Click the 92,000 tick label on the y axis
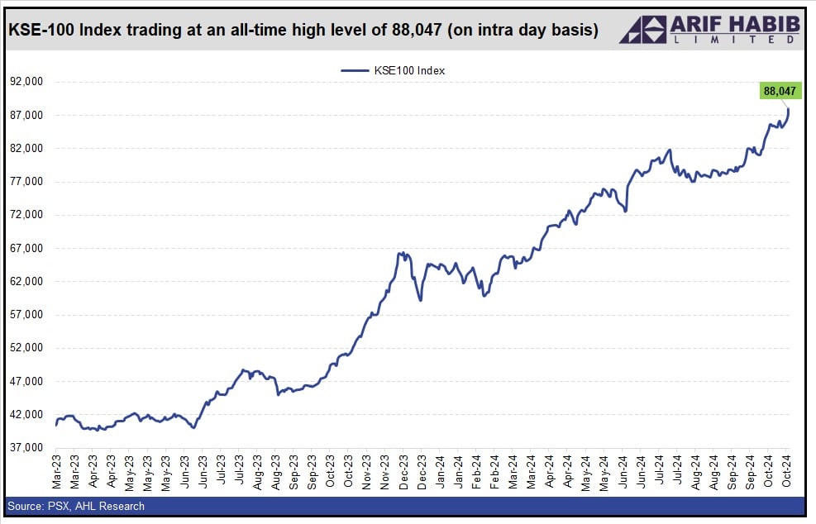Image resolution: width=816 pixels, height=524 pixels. point(26,82)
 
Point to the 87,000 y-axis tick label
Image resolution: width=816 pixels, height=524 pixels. point(26,115)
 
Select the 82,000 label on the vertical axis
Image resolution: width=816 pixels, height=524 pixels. point(26,149)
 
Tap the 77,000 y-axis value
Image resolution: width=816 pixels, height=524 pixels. point(26,182)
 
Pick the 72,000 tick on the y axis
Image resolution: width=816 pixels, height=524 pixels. point(26,215)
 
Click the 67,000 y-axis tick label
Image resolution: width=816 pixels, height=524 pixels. point(26,248)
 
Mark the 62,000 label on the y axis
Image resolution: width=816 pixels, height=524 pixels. point(26,282)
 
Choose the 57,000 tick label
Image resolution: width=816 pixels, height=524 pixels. point(26,315)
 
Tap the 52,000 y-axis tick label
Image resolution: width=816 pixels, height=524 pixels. point(26,348)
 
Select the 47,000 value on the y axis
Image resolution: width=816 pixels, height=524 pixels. point(26,382)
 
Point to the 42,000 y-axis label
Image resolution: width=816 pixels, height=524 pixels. point(26,415)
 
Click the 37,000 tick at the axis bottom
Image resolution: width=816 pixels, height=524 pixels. point(26,448)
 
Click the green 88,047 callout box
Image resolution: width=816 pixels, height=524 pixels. point(780,91)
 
